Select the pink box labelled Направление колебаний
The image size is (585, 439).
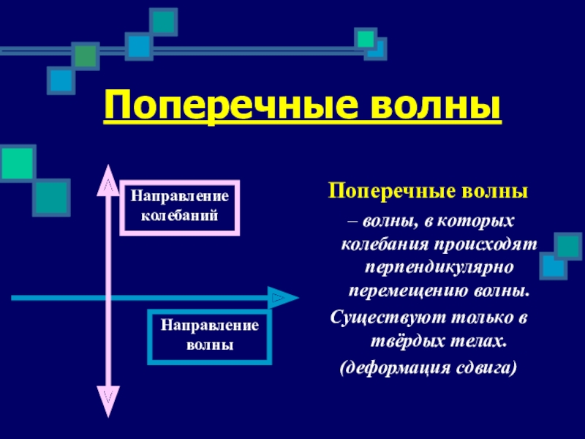click(179, 206)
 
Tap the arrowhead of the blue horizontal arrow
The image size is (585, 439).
click(282, 299)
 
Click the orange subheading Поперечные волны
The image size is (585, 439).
click(427, 192)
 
